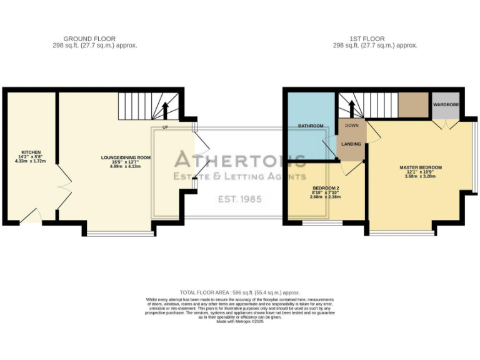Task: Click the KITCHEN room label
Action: click(31, 152)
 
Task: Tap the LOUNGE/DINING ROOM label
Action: click(126, 157)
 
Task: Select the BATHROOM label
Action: click(311, 126)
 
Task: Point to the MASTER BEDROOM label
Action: click(421, 167)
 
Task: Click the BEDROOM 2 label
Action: click(326, 187)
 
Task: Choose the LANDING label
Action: click(351, 144)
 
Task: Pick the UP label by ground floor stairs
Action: click(165, 127)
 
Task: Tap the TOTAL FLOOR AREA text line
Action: click(240, 292)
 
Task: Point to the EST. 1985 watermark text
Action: click(239, 200)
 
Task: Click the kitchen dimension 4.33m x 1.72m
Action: click(31, 161)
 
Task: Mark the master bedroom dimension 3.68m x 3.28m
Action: click(421, 177)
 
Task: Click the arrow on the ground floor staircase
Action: click(166, 110)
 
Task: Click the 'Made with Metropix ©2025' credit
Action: click(240, 321)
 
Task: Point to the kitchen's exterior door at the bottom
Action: click(31, 217)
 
